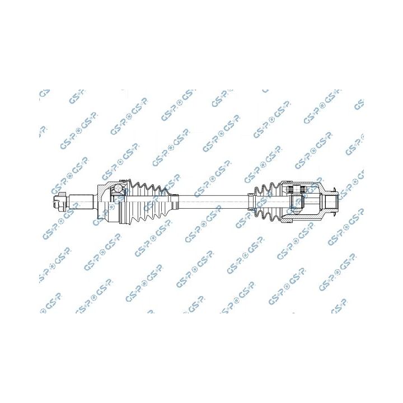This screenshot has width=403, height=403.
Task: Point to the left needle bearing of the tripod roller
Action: click(289, 189)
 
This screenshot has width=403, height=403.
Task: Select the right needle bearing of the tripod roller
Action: click(303, 189)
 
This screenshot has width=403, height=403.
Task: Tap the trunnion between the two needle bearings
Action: click(296, 189)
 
